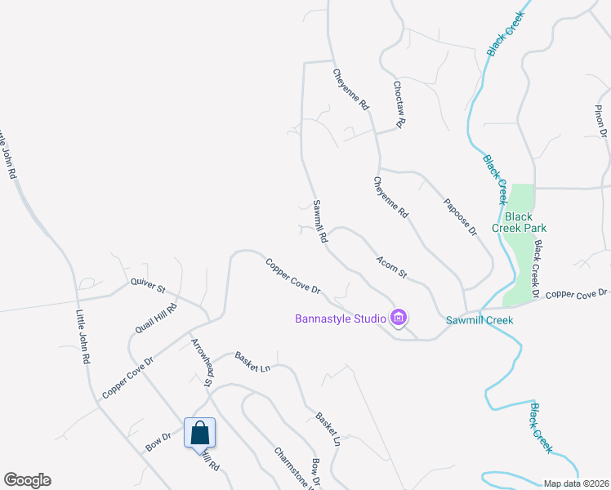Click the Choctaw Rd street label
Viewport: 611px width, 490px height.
tap(398, 104)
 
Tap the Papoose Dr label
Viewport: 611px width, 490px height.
tap(460, 217)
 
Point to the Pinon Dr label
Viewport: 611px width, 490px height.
tap(602, 121)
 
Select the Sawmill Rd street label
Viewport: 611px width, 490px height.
tap(319, 223)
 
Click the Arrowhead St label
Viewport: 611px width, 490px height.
tap(202, 362)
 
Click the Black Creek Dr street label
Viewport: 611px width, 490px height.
tap(537, 269)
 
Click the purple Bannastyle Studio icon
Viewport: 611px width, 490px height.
tap(399, 318)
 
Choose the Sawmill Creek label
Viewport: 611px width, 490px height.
tap(479, 320)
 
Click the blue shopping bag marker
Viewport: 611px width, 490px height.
tap(200, 433)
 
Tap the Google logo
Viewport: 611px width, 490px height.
tap(27, 480)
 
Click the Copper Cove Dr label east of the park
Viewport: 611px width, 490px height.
tap(578, 293)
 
